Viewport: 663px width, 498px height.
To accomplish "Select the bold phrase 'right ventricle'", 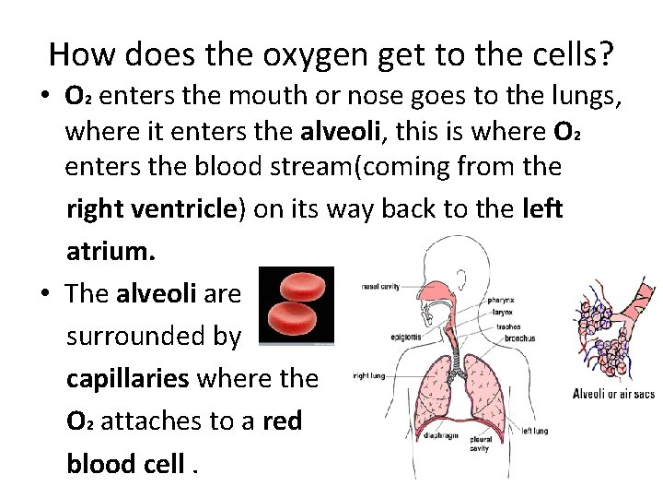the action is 152,209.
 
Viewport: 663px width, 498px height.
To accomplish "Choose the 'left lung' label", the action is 534,431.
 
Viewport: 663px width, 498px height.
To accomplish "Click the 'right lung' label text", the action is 369,375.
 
